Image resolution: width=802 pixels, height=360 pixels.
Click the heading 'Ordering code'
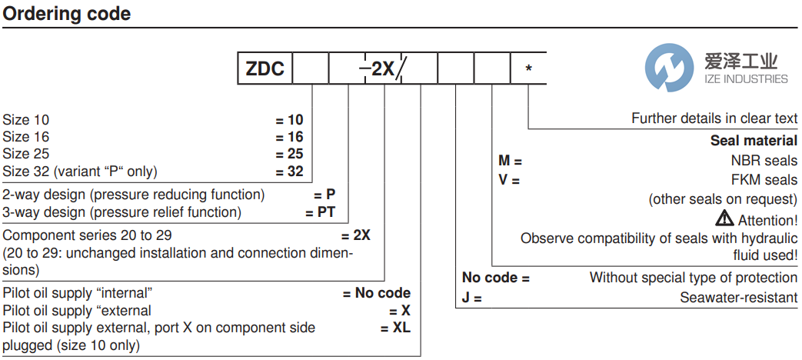click(68, 14)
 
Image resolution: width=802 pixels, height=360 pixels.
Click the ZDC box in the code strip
click(265, 69)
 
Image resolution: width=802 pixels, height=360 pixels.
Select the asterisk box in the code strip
click(528, 69)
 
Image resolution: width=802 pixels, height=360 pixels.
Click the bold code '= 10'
click(290, 120)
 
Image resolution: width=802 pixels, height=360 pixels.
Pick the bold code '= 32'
click(290, 172)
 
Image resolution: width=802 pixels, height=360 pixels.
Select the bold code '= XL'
click(395, 328)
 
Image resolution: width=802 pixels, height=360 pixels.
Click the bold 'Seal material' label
click(754, 140)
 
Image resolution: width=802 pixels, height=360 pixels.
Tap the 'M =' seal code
click(510, 162)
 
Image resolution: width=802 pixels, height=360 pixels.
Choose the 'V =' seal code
click(509, 180)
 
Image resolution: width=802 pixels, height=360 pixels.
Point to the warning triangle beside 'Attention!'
click(724, 218)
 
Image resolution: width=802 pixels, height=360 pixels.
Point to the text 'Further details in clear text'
click(714, 118)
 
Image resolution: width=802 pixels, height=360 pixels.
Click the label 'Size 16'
click(26, 137)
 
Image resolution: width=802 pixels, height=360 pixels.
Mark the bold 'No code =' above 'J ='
click(495, 278)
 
